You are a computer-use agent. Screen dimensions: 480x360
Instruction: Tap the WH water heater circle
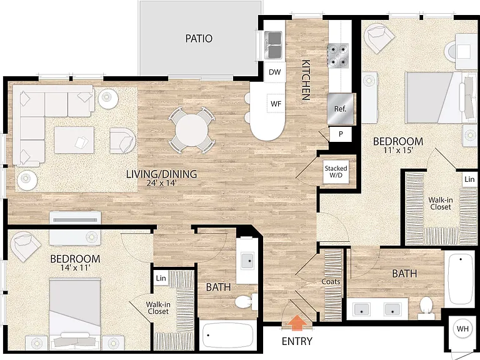(x=462, y=329)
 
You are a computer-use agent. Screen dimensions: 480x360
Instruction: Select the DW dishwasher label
(x=274, y=72)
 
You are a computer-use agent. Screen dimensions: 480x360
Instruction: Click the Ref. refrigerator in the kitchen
(x=340, y=109)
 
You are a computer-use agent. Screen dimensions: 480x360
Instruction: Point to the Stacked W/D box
(x=336, y=172)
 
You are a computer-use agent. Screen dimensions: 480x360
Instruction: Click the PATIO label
(x=199, y=39)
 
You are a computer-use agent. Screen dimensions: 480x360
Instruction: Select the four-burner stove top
(x=338, y=56)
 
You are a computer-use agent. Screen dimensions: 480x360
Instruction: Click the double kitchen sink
(x=273, y=45)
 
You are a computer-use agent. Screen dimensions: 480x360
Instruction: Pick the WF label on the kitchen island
(x=276, y=104)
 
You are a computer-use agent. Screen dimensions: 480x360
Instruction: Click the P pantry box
(x=341, y=134)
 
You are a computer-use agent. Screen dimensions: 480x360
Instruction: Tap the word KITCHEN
(x=306, y=80)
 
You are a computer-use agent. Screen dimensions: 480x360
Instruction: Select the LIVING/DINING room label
(x=162, y=174)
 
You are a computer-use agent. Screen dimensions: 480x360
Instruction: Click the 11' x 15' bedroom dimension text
(x=399, y=150)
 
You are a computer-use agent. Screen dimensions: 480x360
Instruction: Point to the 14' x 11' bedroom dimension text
(x=75, y=268)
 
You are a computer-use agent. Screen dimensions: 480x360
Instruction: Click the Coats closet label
(x=331, y=282)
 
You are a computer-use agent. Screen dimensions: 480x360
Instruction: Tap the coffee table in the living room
(x=74, y=140)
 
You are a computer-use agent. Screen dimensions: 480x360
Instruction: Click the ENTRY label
(x=297, y=341)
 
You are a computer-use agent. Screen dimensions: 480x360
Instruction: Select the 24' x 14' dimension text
(x=162, y=183)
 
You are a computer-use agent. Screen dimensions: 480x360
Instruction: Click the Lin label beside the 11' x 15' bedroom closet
(x=469, y=179)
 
